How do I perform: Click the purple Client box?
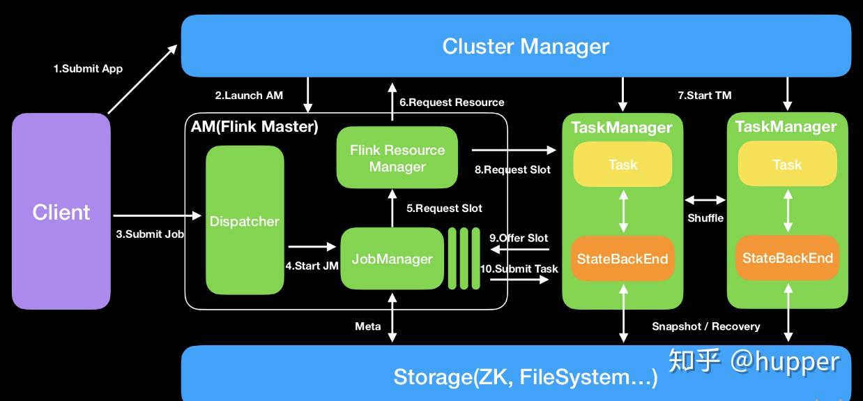point(61,211)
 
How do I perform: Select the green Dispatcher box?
point(245,220)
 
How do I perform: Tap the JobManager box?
point(392,259)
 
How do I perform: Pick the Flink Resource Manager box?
point(397,158)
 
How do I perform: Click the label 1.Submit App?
point(88,68)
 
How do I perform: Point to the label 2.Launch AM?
point(249,95)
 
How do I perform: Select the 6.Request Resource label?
point(452,102)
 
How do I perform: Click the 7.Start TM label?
point(704,95)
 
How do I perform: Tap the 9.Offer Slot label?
point(519,238)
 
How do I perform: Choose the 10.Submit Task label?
point(519,268)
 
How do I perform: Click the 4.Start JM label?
point(312,266)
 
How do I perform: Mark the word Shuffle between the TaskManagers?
point(705,218)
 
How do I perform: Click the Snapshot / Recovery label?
point(705,326)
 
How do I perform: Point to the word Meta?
point(368,326)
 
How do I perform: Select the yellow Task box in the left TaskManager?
point(623,165)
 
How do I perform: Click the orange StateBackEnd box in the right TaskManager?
point(787,258)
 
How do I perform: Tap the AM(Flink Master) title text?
point(254,126)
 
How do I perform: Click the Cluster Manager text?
point(526,46)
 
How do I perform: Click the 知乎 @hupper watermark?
point(754,361)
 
